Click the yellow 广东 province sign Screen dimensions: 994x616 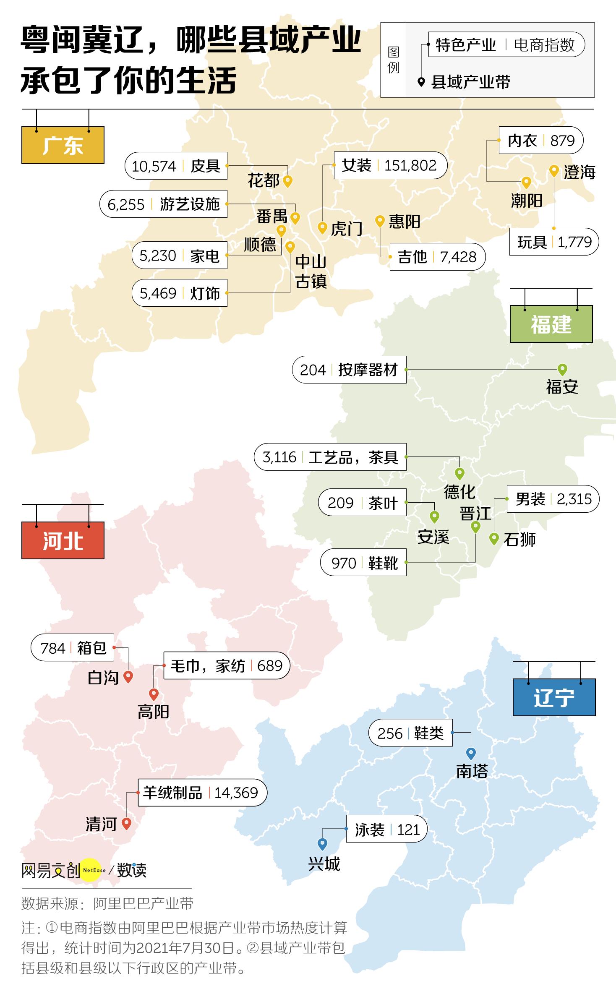click(63, 145)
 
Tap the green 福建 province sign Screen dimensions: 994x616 click(551, 324)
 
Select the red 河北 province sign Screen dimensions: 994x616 click(63, 540)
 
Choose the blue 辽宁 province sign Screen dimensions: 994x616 click(554, 697)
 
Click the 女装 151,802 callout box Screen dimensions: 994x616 click(390, 165)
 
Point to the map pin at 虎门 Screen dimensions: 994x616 click(322, 228)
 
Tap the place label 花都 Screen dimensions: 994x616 click(263, 181)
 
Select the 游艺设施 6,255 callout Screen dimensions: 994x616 click(164, 204)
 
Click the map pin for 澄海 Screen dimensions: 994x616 click(554, 171)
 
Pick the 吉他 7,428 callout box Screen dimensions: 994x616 click(437, 257)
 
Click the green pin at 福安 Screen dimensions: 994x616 click(562, 369)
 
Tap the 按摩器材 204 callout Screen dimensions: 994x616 click(349, 370)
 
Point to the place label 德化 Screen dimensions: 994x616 click(459, 492)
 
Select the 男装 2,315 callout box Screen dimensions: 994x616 click(553, 499)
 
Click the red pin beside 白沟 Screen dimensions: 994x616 click(128, 676)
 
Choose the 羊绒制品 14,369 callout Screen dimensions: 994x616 click(202, 793)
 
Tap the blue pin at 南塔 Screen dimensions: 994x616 click(471, 753)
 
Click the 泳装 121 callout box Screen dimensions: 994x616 click(386, 829)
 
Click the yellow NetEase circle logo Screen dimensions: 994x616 click(91, 870)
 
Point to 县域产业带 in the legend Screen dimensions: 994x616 click(470, 82)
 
